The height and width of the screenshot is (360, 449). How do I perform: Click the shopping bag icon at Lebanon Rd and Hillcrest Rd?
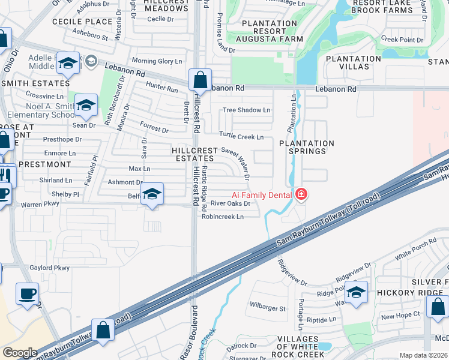point(200,80)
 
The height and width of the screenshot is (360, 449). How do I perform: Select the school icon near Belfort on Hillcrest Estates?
point(152,194)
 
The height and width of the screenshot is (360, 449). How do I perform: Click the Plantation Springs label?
point(307,147)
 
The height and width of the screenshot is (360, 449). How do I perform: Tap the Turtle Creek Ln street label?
point(241,137)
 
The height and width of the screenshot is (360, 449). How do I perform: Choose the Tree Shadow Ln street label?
point(246,110)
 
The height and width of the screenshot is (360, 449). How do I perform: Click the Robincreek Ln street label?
point(223,217)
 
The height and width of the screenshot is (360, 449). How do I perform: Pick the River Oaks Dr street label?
point(230,203)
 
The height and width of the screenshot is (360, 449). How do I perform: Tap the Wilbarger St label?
point(268,308)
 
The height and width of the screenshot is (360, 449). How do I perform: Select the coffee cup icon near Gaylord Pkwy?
point(27,294)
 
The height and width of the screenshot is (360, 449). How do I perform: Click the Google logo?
point(20,353)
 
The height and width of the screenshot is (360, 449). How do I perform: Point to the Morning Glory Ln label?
point(156,61)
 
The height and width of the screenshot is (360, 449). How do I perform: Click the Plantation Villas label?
point(353,62)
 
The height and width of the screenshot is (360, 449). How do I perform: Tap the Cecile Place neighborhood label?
point(82,22)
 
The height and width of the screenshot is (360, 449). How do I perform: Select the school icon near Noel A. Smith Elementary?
point(86,105)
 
